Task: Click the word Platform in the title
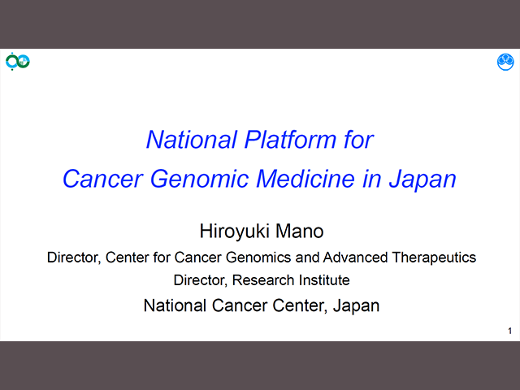[291, 140]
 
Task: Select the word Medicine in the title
[305, 179]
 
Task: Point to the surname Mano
[300, 231]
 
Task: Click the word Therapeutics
[434, 258]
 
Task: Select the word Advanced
[355, 258]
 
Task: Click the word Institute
[324, 279]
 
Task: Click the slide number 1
[509, 331]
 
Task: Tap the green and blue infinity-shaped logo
[18, 62]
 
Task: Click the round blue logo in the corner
[505, 62]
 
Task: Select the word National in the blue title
[192, 140]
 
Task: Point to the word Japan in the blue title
[422, 180]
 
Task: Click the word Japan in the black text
[356, 306]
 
